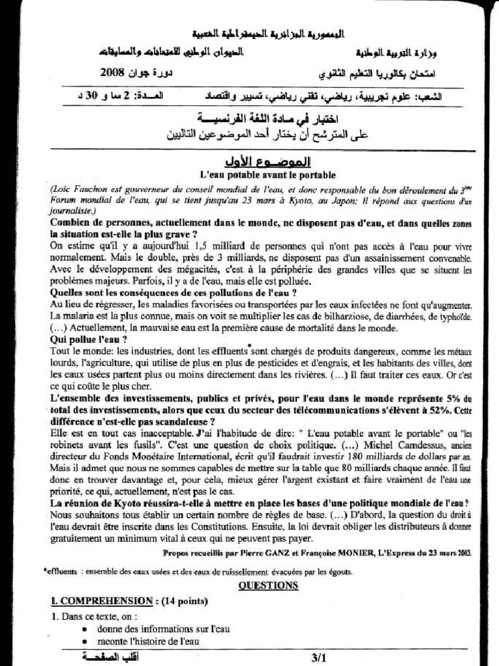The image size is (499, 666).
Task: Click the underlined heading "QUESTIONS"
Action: [x=268, y=585]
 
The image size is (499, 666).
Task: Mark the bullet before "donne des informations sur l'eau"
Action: [x=86, y=630]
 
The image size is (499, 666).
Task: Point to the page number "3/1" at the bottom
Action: [x=320, y=658]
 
